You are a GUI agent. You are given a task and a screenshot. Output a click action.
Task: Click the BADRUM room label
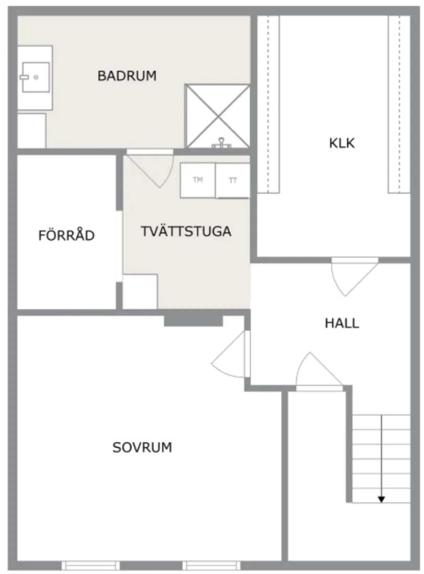tap(127, 76)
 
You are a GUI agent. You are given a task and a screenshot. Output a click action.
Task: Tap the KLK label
tap(342, 143)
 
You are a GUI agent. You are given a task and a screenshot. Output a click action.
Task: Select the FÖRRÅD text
tap(66, 235)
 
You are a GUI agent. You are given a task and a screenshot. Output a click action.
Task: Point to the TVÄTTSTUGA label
tap(186, 232)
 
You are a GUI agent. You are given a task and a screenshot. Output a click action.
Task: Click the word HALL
tap(342, 323)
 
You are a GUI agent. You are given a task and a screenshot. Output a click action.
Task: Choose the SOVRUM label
tap(142, 447)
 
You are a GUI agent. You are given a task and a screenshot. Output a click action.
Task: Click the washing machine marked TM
tap(197, 181)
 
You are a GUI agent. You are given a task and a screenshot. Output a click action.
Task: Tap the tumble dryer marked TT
tap(233, 181)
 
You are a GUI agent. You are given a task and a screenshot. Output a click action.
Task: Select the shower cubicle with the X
tap(218, 116)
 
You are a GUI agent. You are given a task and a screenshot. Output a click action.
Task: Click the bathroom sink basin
tap(35, 77)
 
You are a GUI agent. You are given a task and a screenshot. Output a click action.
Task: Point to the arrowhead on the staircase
tap(381, 499)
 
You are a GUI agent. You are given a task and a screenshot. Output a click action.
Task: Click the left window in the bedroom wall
tap(90, 565)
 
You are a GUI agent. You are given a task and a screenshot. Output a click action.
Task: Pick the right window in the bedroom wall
tap(211, 565)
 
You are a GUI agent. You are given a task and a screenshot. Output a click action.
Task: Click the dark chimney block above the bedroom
tap(193, 320)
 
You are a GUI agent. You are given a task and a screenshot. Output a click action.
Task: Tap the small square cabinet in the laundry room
tap(140, 291)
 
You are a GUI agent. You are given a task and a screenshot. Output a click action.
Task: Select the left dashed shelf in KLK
tap(269, 104)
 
